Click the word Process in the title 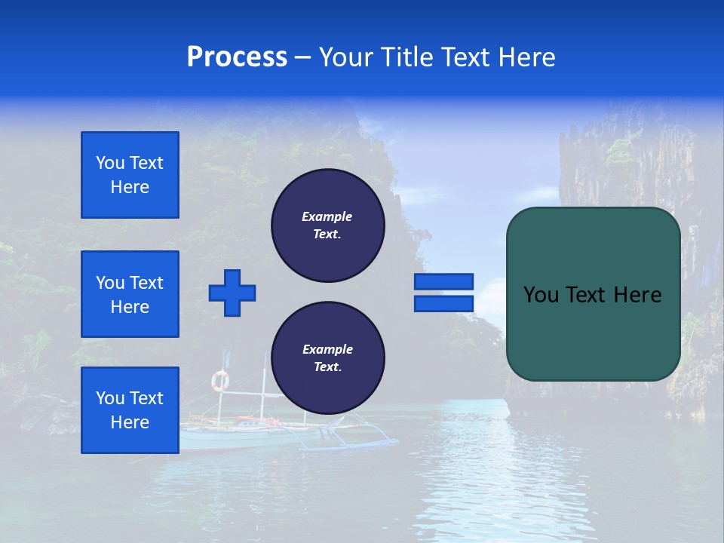click(x=237, y=57)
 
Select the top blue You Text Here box click(x=130, y=175)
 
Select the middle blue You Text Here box click(x=130, y=294)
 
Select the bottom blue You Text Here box click(x=130, y=410)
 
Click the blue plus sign click(x=232, y=293)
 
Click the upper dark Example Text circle click(x=327, y=225)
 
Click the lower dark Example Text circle click(x=327, y=358)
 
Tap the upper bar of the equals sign click(x=443, y=281)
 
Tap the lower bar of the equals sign click(x=443, y=303)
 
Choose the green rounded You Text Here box click(x=593, y=294)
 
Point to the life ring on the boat click(x=219, y=381)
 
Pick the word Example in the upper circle click(x=327, y=217)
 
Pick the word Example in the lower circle click(x=327, y=350)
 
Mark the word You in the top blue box click(x=109, y=163)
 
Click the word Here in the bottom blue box click(x=130, y=423)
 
